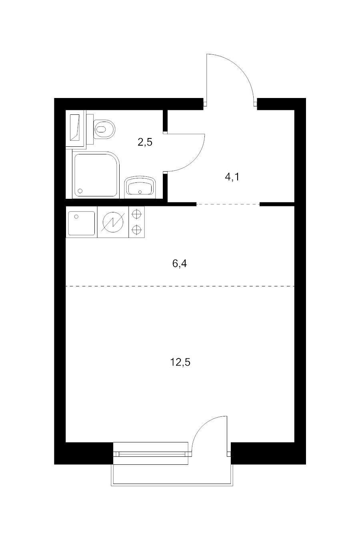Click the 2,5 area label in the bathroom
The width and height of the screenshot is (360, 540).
pos(145,142)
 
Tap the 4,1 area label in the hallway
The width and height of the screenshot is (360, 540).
pos(232,177)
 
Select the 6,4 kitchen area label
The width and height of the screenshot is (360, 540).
pos(179,264)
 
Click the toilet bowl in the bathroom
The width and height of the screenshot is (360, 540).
pos(104,129)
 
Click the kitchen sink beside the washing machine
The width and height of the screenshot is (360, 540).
pos(82,223)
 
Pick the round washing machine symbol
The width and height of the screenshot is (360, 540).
pos(113,222)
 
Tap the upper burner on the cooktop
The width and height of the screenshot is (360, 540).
pos(136,214)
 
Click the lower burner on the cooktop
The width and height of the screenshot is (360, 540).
pos(136,229)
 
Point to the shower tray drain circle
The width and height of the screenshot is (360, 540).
pos(80,191)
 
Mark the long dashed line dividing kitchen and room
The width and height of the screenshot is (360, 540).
pos(180,286)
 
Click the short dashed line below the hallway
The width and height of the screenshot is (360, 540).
pos(228,204)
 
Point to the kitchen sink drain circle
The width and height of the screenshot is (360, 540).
pos(76,216)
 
